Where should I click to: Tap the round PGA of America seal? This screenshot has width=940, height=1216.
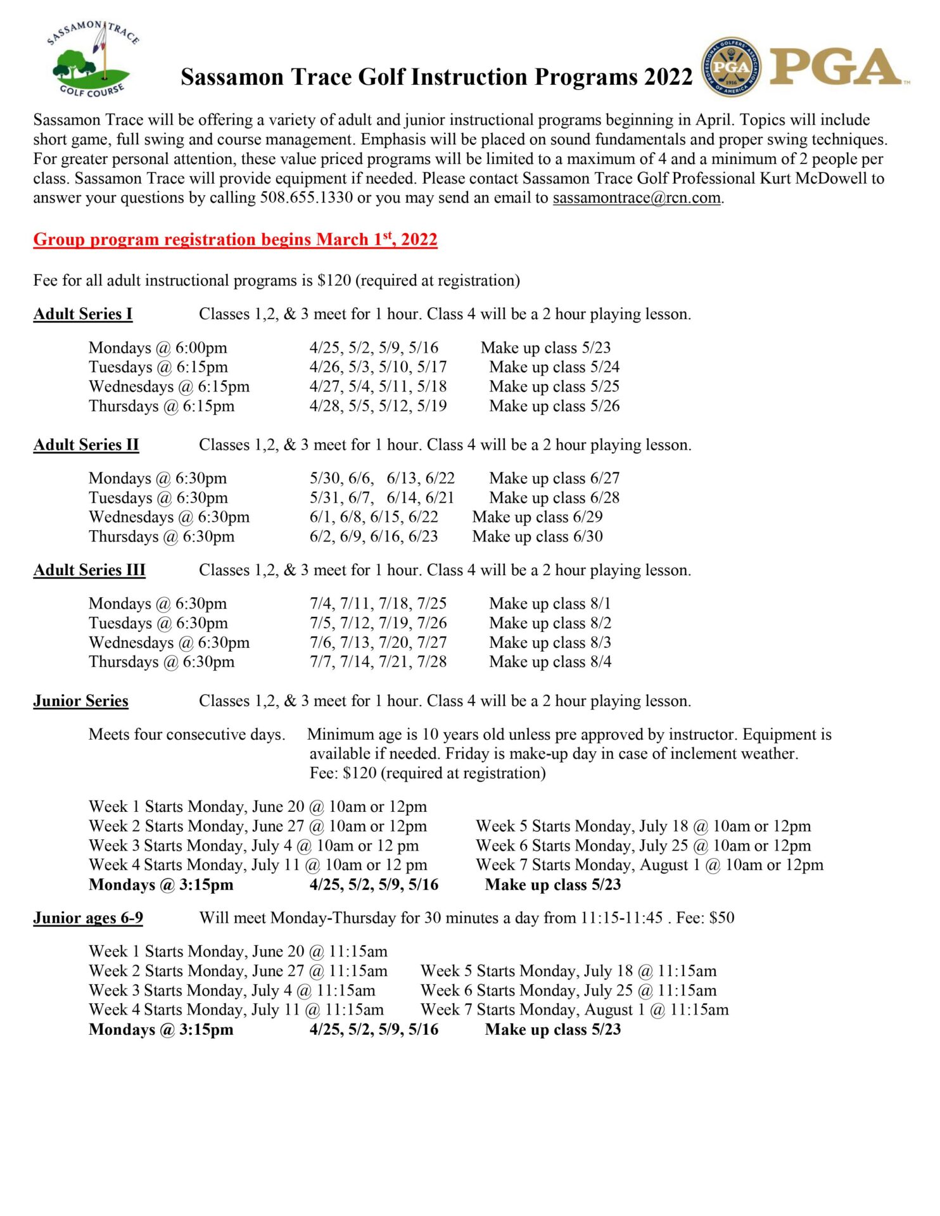coord(731,66)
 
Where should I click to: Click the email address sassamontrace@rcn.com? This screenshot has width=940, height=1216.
coord(637,198)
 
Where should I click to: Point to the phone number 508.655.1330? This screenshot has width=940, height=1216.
coord(306,198)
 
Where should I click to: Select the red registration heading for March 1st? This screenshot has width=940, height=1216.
coord(235,239)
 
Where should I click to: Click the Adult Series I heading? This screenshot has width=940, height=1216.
coord(82,314)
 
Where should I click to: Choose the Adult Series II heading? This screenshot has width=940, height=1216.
coord(86,445)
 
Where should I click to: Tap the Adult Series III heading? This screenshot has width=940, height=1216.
coord(89,570)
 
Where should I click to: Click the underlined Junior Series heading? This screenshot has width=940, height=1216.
coord(80,700)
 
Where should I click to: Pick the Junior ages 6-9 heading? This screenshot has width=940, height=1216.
coord(87,918)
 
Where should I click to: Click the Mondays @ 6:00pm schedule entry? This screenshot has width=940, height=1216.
coord(158,348)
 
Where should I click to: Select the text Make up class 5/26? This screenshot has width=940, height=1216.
coord(554,406)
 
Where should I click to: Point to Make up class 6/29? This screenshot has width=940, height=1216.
coord(537,517)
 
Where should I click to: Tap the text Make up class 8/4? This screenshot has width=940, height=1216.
coord(550,662)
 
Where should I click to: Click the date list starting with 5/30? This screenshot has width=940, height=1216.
coord(381,478)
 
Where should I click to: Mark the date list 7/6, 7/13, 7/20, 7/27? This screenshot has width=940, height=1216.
coord(378,642)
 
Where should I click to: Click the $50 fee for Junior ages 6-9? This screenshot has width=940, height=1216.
coord(721,918)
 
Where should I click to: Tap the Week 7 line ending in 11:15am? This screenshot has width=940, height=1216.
coord(574,1010)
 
